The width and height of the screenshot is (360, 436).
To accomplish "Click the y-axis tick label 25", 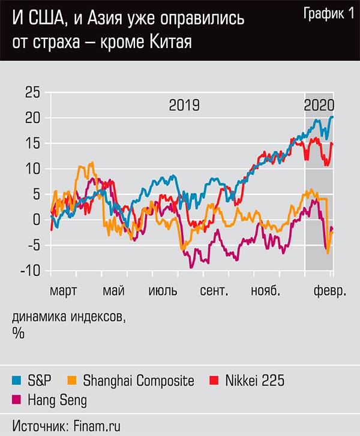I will click(32, 92).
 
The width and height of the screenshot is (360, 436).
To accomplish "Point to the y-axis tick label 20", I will click(32, 118).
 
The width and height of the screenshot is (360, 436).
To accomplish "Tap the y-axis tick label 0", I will click(36, 220).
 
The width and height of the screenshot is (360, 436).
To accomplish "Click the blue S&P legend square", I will click(16, 380).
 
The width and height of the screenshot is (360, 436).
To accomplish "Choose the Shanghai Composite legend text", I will click(139, 380).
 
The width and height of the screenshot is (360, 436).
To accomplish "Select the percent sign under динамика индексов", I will click(18, 334).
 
